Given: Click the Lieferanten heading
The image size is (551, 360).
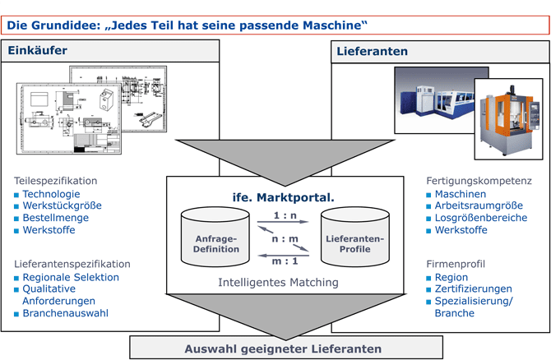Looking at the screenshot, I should [372, 52].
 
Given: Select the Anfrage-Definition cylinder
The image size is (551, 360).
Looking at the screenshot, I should [216, 238].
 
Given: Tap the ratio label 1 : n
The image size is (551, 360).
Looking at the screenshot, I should [285, 215].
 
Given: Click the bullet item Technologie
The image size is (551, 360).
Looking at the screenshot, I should [51, 194].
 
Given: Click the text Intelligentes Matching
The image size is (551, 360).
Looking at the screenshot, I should [278, 282].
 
